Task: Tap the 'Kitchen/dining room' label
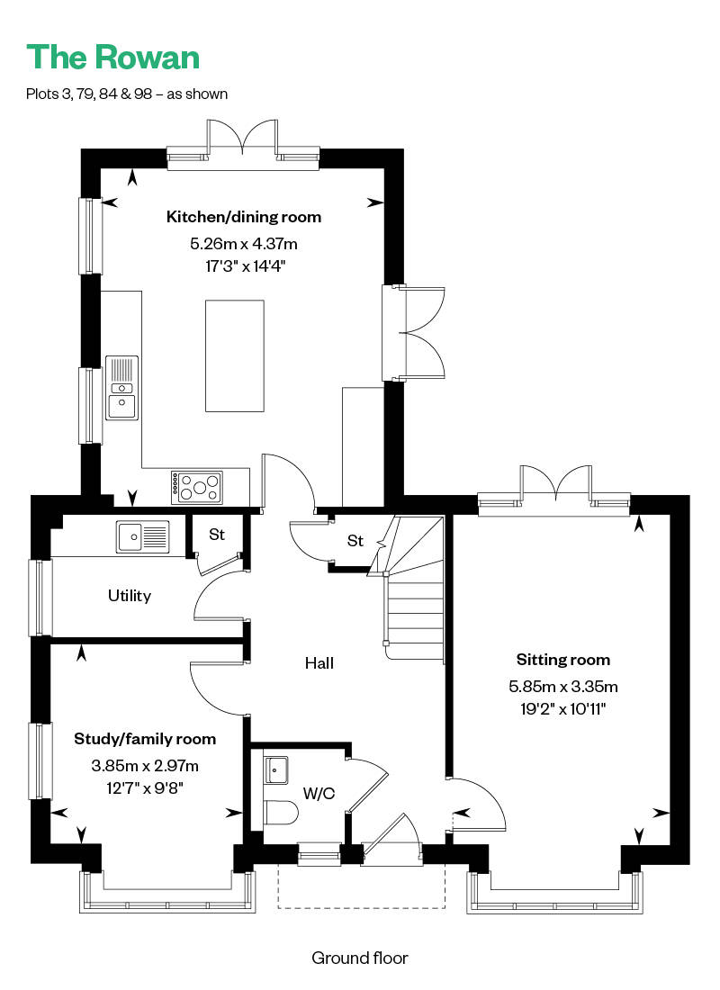244,217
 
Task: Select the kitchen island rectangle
234,356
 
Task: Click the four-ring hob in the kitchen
197,488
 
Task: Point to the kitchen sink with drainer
121,388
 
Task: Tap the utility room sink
143,536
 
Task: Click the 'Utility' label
130,596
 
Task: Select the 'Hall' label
319,663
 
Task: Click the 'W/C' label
319,794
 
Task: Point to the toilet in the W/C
281,813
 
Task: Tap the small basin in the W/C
275,769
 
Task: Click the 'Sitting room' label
563,660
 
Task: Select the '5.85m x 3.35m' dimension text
563,687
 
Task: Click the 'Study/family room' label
145,739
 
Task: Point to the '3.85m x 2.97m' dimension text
145,766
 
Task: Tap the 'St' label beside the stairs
355,541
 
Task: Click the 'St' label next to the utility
217,534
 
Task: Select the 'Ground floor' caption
360,958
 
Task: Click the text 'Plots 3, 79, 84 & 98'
89,94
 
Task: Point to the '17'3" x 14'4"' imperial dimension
245,265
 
